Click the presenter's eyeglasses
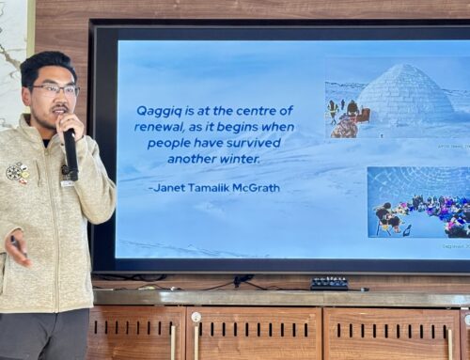(x=55, y=89)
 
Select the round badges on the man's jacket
(x=17, y=173)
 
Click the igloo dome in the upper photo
(x=405, y=95)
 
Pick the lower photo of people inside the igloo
(x=417, y=202)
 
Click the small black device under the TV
(x=329, y=282)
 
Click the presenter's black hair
(x=45, y=66)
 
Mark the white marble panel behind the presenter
(x=14, y=56)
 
